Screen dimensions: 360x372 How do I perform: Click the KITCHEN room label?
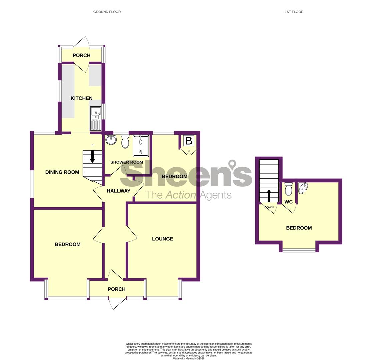coord(81,98)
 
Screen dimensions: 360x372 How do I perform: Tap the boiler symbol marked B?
coord(189,141)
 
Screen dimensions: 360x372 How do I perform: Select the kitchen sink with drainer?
coord(96,119)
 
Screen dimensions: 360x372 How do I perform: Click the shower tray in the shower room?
coord(141,146)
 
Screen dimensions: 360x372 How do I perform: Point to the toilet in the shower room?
coord(125,141)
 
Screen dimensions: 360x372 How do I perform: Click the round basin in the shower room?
coord(111,140)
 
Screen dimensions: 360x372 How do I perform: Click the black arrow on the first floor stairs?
coord(269,196)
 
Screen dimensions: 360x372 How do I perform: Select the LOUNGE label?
coord(162,239)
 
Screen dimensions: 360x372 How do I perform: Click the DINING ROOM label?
coord(62,172)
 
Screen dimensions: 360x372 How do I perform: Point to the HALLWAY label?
coord(118,191)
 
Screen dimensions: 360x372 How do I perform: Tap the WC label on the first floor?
coord(288,202)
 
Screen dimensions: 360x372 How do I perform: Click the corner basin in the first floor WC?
coord(303,188)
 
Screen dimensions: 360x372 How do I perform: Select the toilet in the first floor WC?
coord(288,189)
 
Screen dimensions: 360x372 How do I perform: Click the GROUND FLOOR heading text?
coord(107,12)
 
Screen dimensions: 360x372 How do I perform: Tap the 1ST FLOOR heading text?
coord(294,12)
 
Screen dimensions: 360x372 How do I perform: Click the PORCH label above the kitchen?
coord(81,55)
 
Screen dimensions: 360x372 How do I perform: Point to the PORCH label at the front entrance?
coord(117,289)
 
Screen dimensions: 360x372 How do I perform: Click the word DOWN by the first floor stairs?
coord(269,207)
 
